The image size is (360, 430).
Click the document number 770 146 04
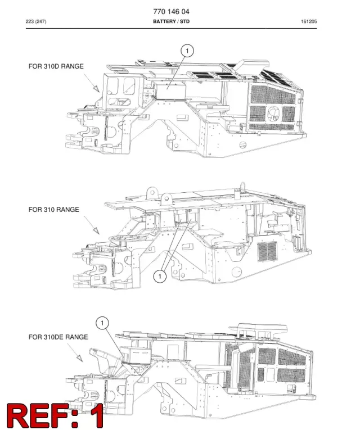[171, 11]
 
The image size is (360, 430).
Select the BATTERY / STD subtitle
[171, 21]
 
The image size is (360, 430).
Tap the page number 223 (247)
[36, 21]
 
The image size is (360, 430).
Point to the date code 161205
[309, 21]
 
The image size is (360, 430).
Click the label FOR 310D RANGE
[56, 66]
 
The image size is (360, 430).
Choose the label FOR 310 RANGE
[54, 210]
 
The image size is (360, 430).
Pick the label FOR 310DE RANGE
[58, 337]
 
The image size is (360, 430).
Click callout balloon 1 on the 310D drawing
[187, 51]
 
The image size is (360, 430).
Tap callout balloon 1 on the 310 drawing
[160, 276]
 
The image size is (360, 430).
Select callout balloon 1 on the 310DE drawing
[102, 323]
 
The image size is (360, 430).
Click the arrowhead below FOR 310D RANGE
[96, 88]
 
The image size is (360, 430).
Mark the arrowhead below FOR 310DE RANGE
[79, 358]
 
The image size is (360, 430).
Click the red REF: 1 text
[55, 415]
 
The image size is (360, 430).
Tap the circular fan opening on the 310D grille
[273, 113]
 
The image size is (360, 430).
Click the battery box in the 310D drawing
[170, 90]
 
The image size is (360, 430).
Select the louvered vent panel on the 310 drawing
[267, 251]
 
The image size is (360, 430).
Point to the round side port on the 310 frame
[237, 272]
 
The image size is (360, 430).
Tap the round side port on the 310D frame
[243, 145]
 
